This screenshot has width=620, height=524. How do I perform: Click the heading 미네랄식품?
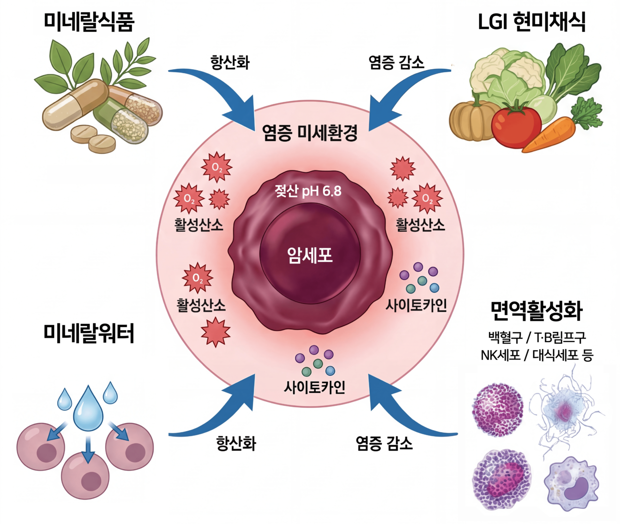[89, 22]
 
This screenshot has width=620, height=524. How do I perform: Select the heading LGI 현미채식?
[531, 22]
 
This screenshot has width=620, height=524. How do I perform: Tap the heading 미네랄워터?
[89, 333]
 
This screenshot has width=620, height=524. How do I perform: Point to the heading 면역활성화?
[536, 311]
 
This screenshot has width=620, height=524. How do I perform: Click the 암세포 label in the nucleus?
[310, 255]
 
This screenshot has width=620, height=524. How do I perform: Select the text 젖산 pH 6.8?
[308, 191]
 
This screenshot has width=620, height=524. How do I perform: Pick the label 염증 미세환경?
[310, 132]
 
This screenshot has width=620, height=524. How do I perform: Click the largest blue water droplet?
[88, 409]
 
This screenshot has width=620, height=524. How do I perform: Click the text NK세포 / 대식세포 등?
[536, 355]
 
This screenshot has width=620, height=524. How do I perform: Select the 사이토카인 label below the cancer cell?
[314, 387]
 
